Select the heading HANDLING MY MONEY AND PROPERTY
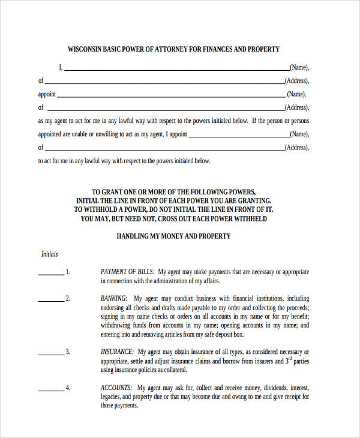pos(173,236)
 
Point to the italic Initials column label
pos(49,254)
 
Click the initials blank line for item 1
pos(51,274)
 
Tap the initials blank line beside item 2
pos(51,300)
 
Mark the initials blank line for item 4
pos(51,389)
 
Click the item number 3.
pos(68,352)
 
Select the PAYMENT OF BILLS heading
pos(128,272)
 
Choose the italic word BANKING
pos(113,298)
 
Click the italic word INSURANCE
pos(118,352)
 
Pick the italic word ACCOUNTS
pos(116,388)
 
